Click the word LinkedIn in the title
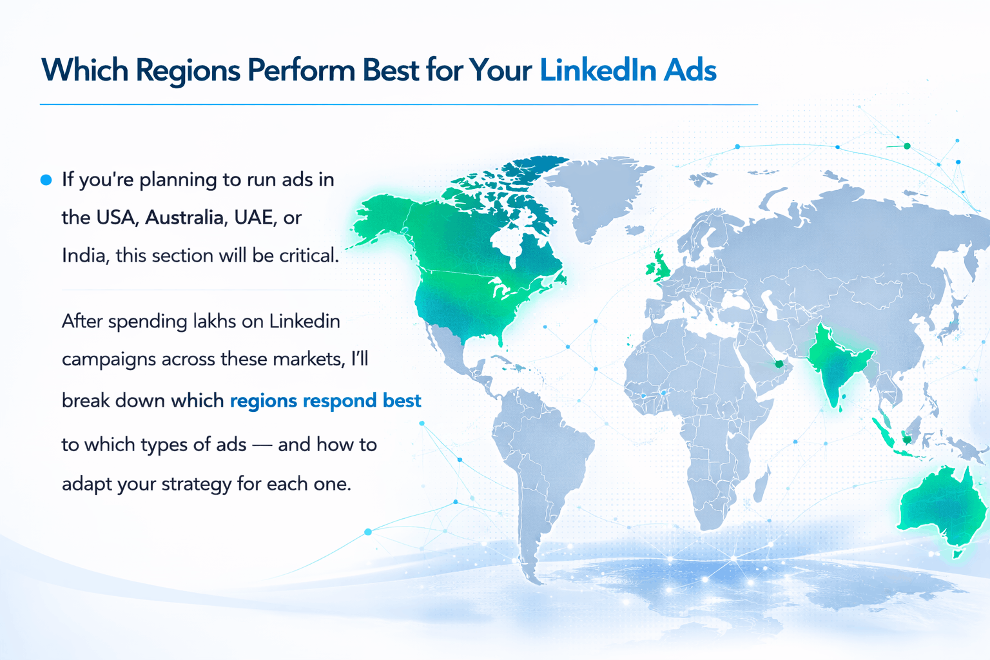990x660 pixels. [597, 70]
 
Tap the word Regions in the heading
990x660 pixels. [188, 71]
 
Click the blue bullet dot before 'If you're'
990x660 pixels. [46, 180]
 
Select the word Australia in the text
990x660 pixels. [184, 217]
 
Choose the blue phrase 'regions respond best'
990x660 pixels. [325, 401]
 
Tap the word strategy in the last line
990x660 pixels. [196, 484]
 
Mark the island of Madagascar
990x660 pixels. [761, 485]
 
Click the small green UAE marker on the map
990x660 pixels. [779, 364]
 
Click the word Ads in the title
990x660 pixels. [690, 70]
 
